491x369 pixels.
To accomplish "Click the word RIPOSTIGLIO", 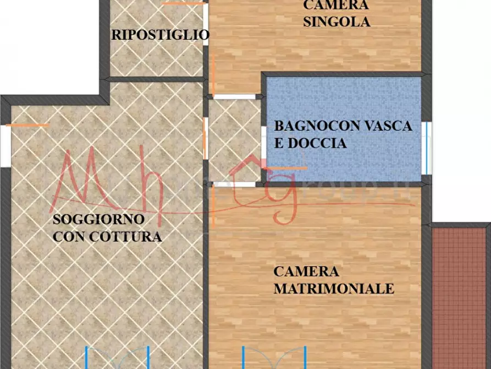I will [x=160, y=35].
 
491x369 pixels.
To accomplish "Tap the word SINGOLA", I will [x=336, y=23].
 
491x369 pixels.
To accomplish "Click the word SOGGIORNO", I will [x=98, y=220].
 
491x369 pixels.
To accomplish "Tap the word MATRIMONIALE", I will [x=334, y=289].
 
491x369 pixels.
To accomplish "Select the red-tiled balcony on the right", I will [x=460, y=297].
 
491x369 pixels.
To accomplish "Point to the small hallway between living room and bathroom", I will [x=234, y=140].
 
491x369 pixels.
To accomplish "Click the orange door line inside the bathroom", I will [x=286, y=167].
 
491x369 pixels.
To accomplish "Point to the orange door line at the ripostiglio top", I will [x=184, y=3].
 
